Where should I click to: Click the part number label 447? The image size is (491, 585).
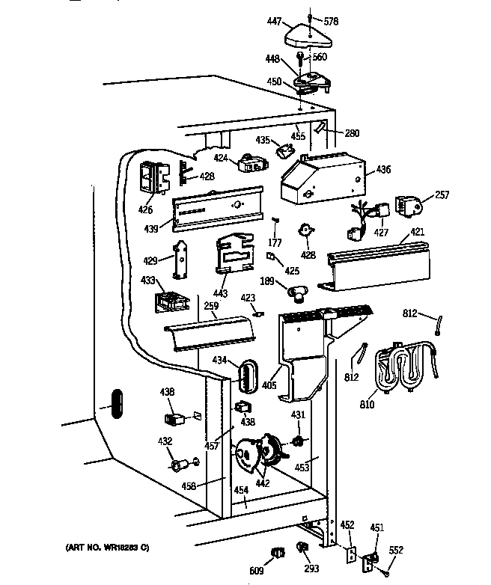point(274,21)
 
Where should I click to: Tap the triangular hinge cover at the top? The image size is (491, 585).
point(308,36)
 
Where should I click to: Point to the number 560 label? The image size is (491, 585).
point(320,57)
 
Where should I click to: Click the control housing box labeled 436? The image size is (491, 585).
point(323,178)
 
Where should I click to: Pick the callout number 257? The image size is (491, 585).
point(442,195)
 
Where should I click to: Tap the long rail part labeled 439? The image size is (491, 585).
point(218,209)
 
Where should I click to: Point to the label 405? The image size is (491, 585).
point(269,385)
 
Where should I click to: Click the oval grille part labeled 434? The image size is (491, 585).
point(248,376)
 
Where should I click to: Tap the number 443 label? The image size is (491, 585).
point(220,293)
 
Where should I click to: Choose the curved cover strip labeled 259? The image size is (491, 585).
point(210,333)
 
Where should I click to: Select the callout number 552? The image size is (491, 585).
point(396,550)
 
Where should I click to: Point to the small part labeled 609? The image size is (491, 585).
point(278,553)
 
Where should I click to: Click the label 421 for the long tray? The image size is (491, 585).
point(418,232)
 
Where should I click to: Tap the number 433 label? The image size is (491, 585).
point(148,280)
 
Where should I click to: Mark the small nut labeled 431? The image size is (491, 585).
point(298,441)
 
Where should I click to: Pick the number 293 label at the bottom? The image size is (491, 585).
point(311,569)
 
